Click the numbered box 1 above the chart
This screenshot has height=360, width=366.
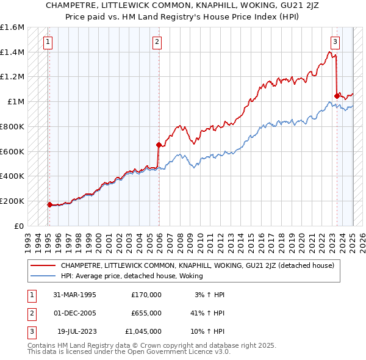tap(48, 42)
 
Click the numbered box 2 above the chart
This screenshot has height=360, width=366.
tap(157, 42)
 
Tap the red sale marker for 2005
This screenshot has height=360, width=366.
tap(159, 145)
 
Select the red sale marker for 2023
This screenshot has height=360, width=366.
tap(337, 95)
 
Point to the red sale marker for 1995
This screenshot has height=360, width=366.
tap(49, 204)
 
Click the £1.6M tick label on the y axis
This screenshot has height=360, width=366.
tap(12, 27)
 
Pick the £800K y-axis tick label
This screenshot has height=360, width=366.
tap(12, 126)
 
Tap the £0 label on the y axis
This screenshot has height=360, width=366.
tap(19, 226)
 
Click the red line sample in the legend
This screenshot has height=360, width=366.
tap(42, 265)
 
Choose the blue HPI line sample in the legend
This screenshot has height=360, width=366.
tap(42, 276)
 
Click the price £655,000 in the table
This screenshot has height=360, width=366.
tap(146, 312)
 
